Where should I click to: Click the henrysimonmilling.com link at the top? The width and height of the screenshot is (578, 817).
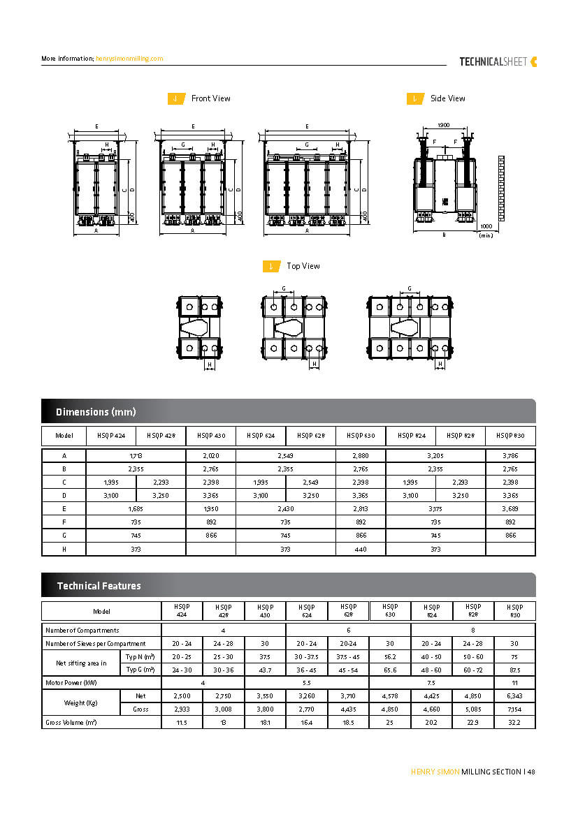(129, 59)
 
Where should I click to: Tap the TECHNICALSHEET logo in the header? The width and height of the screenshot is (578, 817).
(498, 61)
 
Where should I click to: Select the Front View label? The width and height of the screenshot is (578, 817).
(210, 98)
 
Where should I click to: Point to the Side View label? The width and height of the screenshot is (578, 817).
(447, 98)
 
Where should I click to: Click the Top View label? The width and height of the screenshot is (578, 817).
(303, 266)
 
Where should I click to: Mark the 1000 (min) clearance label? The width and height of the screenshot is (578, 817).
(486, 230)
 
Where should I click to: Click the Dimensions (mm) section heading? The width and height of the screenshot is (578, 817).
(96, 412)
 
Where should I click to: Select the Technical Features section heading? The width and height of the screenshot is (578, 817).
(99, 586)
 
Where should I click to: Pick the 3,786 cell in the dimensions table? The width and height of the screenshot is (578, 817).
(510, 455)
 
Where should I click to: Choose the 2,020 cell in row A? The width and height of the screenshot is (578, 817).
(210, 455)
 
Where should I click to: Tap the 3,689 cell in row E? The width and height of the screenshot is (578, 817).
(510, 509)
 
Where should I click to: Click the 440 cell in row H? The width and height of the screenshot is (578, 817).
(361, 549)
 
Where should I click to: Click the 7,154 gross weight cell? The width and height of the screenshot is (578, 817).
(514, 709)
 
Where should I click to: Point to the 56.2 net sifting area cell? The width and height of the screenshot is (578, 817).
(390, 656)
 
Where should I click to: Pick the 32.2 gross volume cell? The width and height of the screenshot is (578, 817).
(514, 723)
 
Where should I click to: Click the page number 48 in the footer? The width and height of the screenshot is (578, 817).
(530, 772)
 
